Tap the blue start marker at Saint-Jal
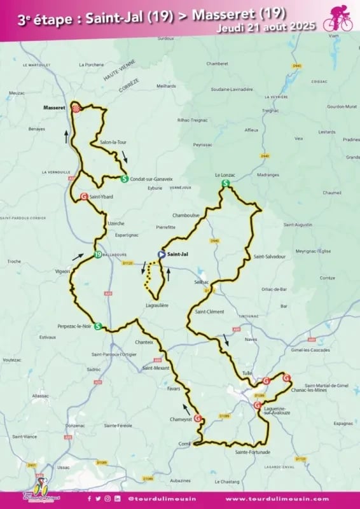click(x=162, y=254)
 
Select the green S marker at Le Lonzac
click(x=225, y=183)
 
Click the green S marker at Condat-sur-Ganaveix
click(x=125, y=179)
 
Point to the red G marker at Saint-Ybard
click(x=84, y=197)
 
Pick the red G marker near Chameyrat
click(x=198, y=418)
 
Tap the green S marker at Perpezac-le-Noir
click(x=98, y=326)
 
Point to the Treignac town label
click(x=270, y=111)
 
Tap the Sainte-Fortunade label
click(x=252, y=452)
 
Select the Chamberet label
click(x=217, y=64)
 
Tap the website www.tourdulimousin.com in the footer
click(x=277, y=499)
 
